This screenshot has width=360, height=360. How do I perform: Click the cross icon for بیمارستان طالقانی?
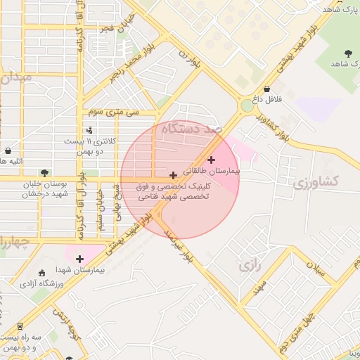(211, 160)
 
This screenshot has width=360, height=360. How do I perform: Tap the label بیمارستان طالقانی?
(212, 171)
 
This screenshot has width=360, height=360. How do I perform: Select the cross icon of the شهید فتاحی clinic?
(174, 174)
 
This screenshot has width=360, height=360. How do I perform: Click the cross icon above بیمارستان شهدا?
(79, 259)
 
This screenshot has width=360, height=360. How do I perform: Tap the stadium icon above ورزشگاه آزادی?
(41, 273)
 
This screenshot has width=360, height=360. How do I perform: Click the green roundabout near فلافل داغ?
(247, 106)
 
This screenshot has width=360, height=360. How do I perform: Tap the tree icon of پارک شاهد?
(349, 53)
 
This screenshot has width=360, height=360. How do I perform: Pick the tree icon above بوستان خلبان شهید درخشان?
(45, 173)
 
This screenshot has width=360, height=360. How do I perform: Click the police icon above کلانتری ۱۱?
(89, 130)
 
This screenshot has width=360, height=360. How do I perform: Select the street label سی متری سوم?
(113, 112)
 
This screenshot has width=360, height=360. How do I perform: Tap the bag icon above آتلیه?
(8, 150)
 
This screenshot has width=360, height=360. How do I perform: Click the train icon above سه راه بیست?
(19, 326)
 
